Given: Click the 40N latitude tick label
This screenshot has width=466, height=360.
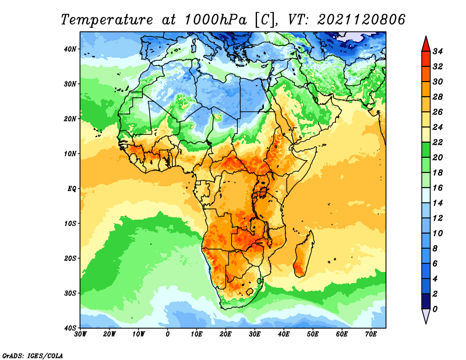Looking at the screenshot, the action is pyautogui.click(x=70, y=49).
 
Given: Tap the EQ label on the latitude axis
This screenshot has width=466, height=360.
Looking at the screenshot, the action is pyautogui.click(x=72, y=189).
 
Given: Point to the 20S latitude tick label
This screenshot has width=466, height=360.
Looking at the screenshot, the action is pyautogui.click(x=70, y=258).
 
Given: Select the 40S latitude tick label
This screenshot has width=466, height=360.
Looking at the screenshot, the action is pyautogui.click(x=70, y=328).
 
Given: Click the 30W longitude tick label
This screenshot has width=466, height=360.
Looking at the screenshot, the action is pyautogui.click(x=80, y=334).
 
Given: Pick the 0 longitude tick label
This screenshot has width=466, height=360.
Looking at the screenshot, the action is pyautogui.click(x=168, y=334).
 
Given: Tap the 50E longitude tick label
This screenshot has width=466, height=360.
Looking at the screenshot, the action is pyautogui.click(x=313, y=334).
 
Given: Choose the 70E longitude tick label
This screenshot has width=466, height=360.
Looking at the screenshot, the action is pyautogui.click(x=371, y=334).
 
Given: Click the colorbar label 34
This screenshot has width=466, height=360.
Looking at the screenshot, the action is pyautogui.click(x=437, y=51).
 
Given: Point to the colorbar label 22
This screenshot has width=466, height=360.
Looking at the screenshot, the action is pyautogui.click(x=437, y=142).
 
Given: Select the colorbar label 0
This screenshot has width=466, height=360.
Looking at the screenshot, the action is pyautogui.click(x=435, y=309).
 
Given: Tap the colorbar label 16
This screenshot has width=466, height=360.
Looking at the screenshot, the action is pyautogui.click(x=437, y=188).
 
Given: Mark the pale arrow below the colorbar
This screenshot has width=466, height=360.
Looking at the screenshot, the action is pyautogui.click(x=426, y=316).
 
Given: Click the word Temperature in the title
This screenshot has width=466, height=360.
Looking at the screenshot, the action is pyautogui.click(x=107, y=20).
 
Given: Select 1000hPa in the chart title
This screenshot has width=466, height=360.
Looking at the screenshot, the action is pyautogui.click(x=216, y=20).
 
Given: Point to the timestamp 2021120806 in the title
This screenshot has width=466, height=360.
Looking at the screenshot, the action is pyautogui.click(x=361, y=20).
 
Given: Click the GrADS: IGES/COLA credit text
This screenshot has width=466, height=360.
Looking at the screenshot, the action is pyautogui.click(x=33, y=355).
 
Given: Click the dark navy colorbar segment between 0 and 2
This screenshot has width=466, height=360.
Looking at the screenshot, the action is pyautogui.click(x=426, y=301).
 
